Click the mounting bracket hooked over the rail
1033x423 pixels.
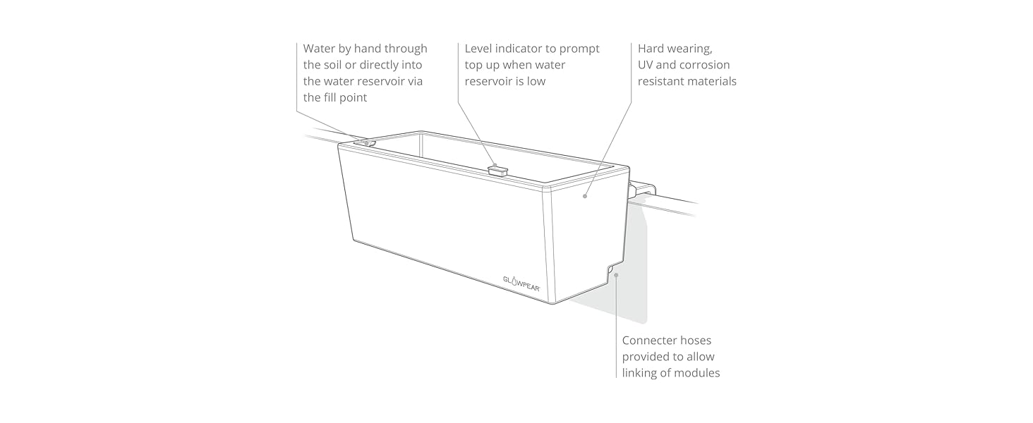pyautogui.click(x=644, y=188)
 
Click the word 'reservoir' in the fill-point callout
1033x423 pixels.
pyautogui.click(x=370, y=81)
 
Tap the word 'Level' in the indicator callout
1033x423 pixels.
pyautogui.click(x=480, y=49)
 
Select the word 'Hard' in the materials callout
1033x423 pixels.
pyautogui.click(x=652, y=49)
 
